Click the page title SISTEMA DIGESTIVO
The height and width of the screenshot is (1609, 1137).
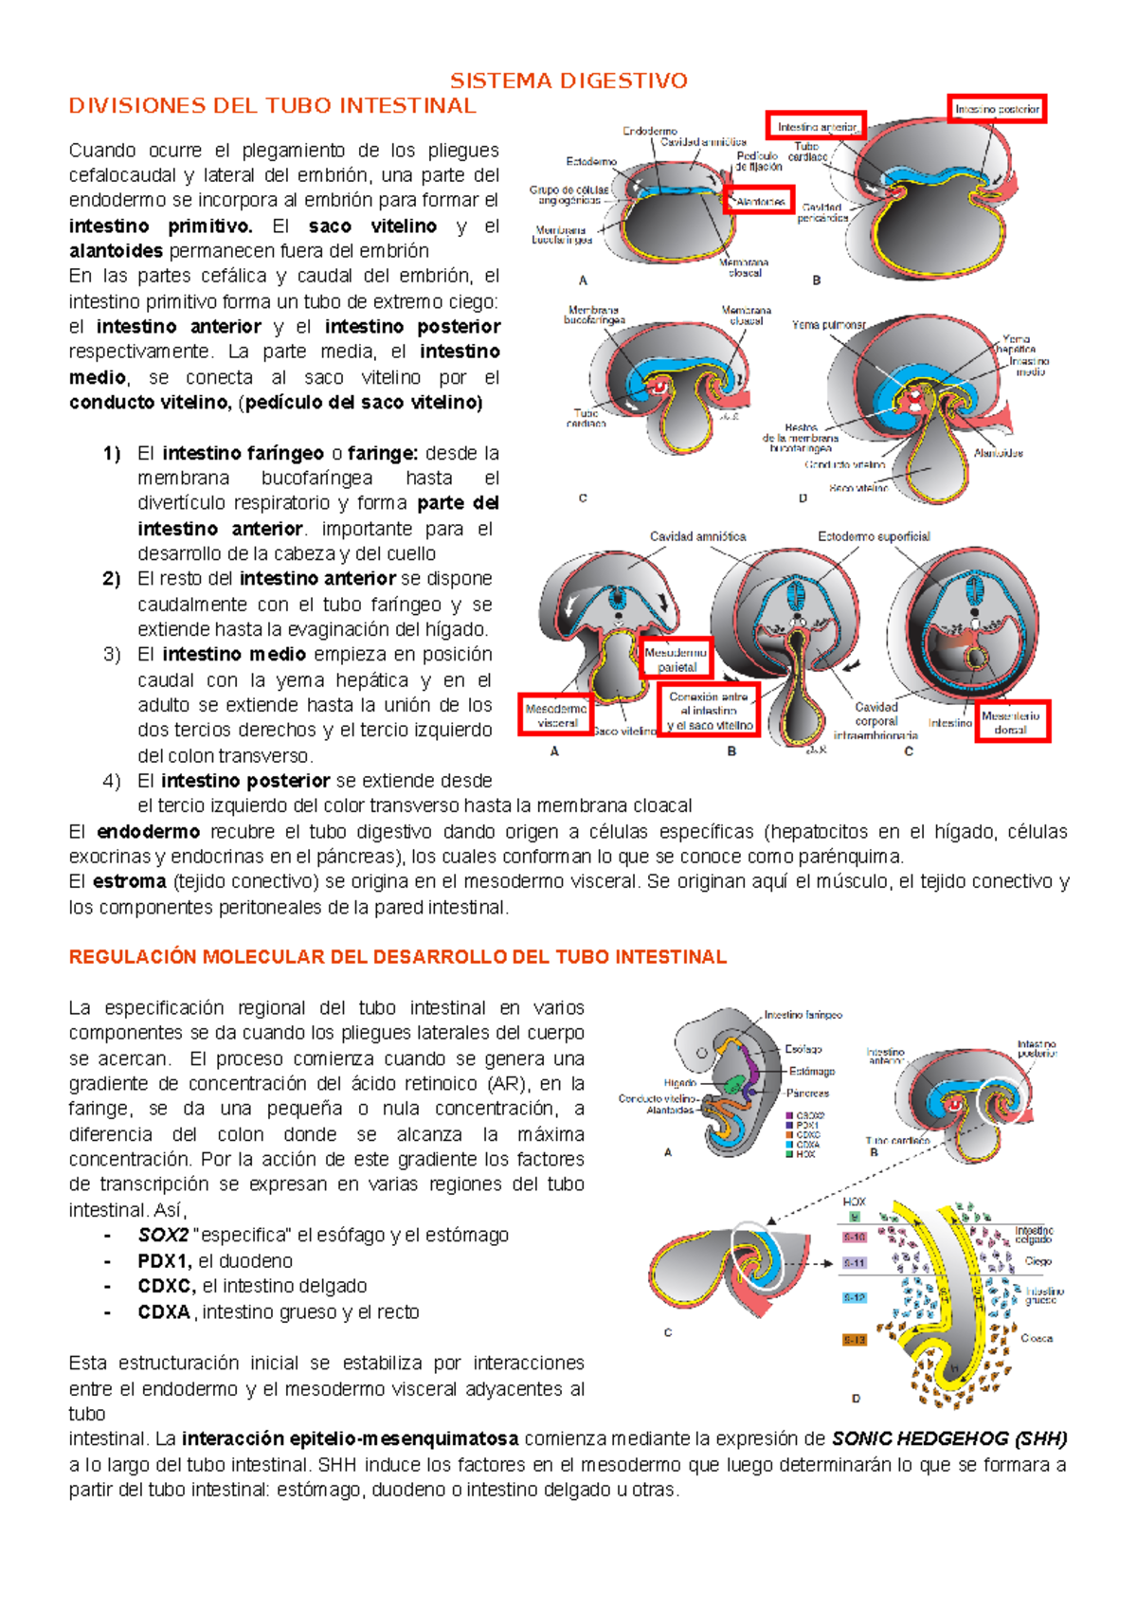[568, 81]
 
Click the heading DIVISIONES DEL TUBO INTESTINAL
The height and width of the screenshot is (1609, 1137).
[272, 106]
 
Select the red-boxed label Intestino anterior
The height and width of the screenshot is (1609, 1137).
[816, 126]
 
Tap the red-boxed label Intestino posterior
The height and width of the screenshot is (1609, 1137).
[997, 110]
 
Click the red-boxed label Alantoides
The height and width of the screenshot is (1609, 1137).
[759, 202]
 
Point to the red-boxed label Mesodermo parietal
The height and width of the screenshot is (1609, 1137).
[677, 660]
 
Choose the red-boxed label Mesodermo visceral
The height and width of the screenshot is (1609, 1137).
[556, 715]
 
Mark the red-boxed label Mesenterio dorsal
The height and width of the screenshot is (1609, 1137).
[1011, 722]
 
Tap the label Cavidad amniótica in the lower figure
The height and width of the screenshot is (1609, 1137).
[697, 536]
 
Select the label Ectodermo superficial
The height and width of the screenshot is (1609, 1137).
[874, 536]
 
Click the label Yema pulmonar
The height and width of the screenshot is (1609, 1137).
[828, 324]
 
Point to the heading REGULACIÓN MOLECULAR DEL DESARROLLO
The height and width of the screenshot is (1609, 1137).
[397, 957]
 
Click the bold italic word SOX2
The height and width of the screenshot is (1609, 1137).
[163, 1236]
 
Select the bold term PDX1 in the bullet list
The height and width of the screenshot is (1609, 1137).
[165, 1261]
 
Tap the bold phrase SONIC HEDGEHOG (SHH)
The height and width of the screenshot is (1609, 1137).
[948, 1438]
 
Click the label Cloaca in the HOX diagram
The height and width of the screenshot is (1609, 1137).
[1037, 1338]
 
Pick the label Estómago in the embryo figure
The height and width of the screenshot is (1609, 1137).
[812, 1071]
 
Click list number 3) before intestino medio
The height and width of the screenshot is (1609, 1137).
[112, 655]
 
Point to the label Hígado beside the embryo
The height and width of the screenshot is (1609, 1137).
[680, 1082]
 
